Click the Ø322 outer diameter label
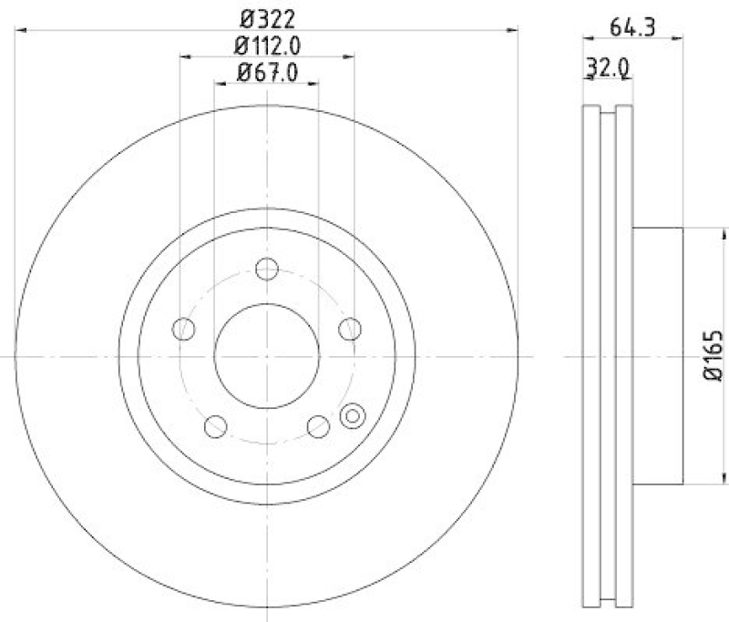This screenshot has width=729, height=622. coord(267,17)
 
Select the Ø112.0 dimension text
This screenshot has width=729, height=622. coord(267,45)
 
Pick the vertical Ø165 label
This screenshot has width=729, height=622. coord(714,356)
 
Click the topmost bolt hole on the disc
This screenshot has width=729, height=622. coord(266,270)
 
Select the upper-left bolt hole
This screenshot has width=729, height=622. coord(184,329)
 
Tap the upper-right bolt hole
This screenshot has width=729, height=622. coord(349,329)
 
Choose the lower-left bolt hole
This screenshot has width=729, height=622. coord(216,425)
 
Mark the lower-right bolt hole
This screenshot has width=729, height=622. coord(317,425)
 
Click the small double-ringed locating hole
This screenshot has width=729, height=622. coord(351,417)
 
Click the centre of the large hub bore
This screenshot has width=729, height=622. coord(266,356)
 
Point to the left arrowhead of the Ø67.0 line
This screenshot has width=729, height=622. coord(219,84)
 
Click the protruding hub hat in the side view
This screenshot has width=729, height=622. coord(656,356)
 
